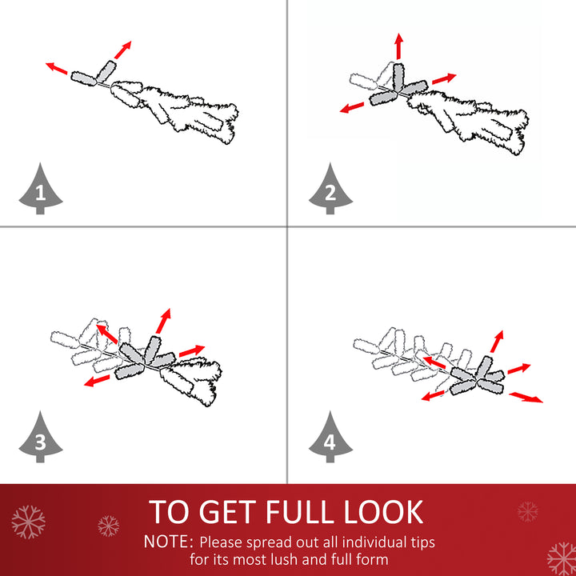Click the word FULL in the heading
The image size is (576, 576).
300,512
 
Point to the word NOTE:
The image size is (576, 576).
168,542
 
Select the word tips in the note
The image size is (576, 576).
422,542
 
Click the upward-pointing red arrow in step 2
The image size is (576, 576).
399,46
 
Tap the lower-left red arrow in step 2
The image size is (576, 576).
352,108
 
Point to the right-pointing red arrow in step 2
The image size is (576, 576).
444,78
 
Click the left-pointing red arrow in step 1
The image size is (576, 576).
56,68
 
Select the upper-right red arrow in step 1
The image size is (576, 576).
122,50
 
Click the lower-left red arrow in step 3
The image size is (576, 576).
97,381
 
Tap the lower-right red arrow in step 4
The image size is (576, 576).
526,397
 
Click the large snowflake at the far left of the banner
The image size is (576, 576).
28,522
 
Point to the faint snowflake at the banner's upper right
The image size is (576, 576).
527,511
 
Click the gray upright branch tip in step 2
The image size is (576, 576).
398,77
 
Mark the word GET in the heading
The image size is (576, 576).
228,512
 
